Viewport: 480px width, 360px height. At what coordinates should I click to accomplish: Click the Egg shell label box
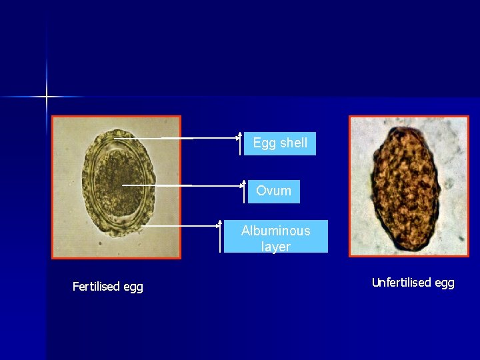280,143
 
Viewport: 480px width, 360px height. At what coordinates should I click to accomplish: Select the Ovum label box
273,191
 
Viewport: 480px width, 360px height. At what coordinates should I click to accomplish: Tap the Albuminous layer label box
275,237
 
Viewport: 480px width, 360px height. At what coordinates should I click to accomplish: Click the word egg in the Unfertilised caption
444,283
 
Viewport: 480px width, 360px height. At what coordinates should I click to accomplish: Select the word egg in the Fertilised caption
133,287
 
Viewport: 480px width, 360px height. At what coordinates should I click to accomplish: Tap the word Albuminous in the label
275,231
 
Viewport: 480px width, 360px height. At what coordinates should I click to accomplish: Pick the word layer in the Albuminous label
275,247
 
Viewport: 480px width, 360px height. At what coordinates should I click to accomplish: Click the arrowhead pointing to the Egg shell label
240,135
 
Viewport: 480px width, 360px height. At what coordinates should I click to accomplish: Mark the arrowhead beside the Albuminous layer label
220,219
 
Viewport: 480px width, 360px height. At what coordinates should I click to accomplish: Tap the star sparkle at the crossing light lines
47,97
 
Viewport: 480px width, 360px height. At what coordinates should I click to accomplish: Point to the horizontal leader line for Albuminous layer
180,225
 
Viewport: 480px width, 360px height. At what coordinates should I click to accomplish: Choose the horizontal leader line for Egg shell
200,138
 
